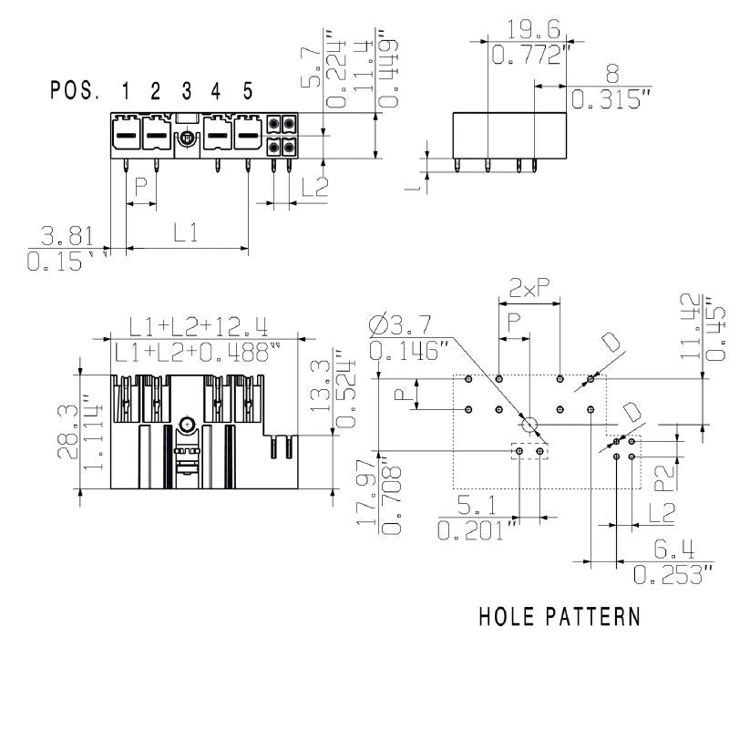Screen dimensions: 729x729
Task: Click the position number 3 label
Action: click(186, 90)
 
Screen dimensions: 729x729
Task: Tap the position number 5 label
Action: click(247, 90)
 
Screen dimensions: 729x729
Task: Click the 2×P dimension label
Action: click(529, 290)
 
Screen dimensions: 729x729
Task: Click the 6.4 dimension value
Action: click(674, 549)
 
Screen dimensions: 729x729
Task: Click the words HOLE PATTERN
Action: click(560, 617)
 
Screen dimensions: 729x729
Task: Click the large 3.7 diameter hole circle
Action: click(529, 425)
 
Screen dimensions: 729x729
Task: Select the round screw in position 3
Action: click(186, 139)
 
